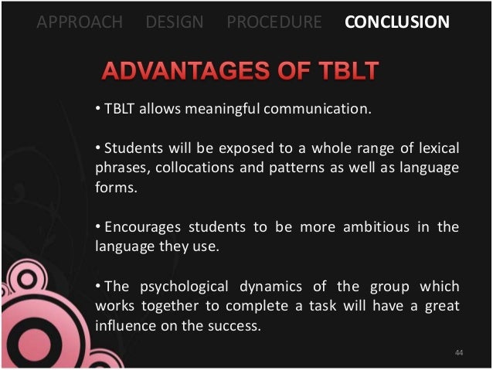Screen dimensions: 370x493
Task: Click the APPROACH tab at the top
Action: click(80, 22)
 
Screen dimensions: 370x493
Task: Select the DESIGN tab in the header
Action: click(174, 22)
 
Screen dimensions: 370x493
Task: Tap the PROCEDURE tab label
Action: click(274, 22)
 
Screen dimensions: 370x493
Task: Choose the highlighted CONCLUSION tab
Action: click(397, 22)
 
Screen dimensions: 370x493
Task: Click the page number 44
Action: click(458, 353)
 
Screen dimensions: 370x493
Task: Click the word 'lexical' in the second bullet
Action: click(437, 148)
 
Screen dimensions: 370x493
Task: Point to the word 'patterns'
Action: click(280, 167)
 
